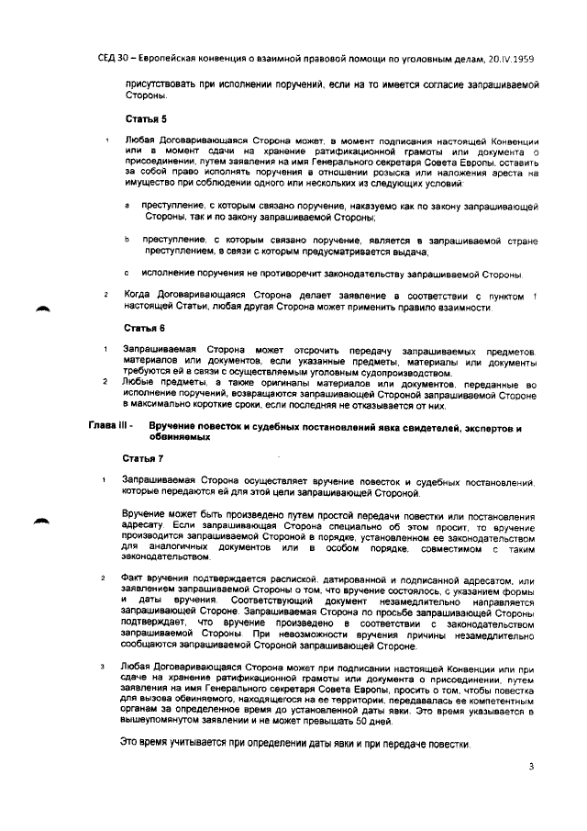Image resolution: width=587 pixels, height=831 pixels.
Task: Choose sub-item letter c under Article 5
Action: coord(127,273)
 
